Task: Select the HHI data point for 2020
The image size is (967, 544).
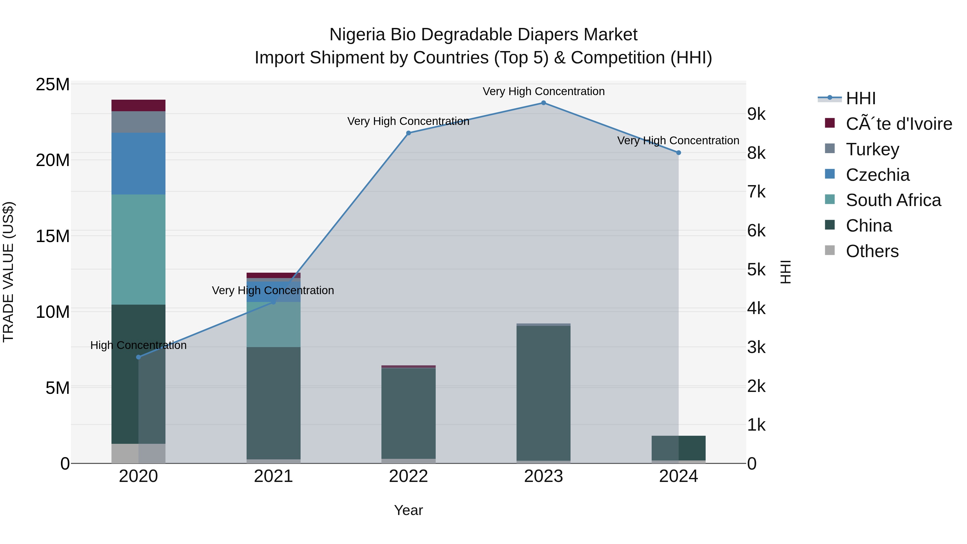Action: tap(139, 357)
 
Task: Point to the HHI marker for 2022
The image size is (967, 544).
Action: tap(408, 133)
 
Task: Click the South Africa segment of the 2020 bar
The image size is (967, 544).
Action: tap(139, 249)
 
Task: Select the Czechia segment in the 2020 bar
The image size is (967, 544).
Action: tap(139, 164)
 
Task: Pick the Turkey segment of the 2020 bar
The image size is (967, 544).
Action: tap(139, 122)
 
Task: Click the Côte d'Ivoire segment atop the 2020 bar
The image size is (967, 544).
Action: tap(139, 106)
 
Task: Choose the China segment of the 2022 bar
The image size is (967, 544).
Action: tap(408, 413)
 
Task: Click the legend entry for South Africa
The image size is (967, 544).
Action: tap(893, 200)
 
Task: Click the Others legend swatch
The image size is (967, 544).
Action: tap(830, 250)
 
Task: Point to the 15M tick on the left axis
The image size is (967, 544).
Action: tap(53, 236)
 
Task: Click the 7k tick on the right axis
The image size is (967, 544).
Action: tap(756, 192)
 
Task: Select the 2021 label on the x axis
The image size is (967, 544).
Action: tap(273, 476)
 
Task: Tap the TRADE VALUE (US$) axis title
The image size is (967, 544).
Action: tap(8, 272)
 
